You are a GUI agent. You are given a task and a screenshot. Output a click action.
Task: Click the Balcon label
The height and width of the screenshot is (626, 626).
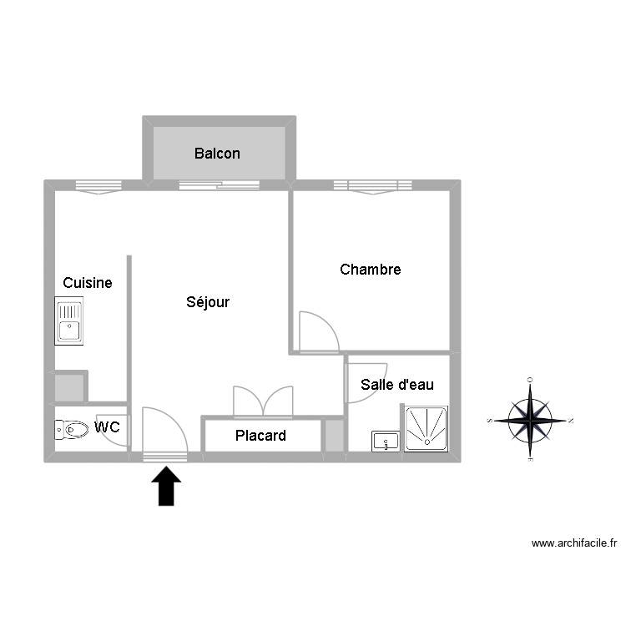(217, 154)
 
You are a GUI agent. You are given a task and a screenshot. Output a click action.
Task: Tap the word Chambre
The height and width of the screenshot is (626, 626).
(371, 270)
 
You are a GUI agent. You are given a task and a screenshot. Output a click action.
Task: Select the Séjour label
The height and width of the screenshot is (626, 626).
(208, 302)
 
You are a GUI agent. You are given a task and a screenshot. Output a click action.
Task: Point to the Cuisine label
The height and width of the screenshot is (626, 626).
(88, 283)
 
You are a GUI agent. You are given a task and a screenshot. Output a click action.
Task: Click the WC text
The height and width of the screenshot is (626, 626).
(107, 427)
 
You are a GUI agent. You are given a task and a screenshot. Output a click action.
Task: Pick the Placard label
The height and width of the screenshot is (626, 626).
(260, 436)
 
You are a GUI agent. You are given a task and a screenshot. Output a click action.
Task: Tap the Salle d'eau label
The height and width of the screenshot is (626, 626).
(397, 385)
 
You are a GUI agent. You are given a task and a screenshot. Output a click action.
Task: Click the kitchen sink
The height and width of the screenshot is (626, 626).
(68, 321)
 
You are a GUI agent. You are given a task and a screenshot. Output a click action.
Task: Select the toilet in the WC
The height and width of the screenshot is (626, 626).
(72, 430)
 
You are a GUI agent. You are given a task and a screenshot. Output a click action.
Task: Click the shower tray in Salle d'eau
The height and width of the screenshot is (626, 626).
(426, 429)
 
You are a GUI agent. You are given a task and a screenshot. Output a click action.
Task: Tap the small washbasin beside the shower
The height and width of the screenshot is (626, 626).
(386, 441)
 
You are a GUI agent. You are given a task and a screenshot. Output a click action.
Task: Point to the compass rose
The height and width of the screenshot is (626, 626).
(530, 420)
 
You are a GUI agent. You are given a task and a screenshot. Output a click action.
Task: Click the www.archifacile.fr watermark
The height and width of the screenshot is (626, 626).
(573, 543)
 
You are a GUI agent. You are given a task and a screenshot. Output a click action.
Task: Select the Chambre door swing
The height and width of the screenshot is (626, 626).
(317, 332)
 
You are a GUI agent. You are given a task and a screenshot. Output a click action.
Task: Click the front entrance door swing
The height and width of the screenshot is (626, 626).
(164, 432)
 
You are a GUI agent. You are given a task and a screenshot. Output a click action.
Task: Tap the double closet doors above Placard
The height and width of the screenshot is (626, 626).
(263, 401)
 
